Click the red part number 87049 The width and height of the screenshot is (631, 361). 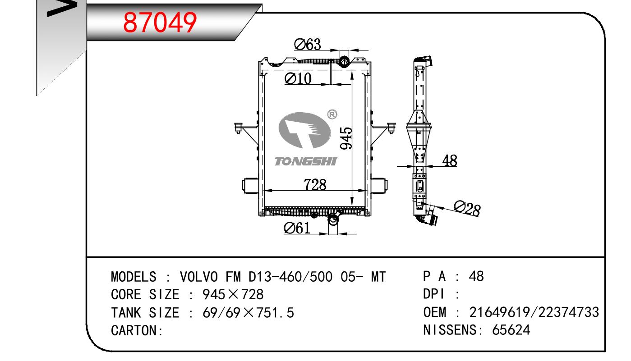[160, 22]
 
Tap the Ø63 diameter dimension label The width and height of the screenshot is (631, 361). [307, 45]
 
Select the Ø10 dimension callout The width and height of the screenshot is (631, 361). [298, 78]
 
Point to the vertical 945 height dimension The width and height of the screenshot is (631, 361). [346, 138]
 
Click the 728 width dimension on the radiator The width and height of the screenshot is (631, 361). [315, 185]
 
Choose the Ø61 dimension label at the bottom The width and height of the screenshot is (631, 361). [297, 228]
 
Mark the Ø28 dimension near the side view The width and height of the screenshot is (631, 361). [467, 209]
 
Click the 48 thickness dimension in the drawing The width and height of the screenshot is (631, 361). [450, 160]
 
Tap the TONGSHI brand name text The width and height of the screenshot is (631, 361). [306, 161]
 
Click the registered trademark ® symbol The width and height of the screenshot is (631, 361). [332, 114]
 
